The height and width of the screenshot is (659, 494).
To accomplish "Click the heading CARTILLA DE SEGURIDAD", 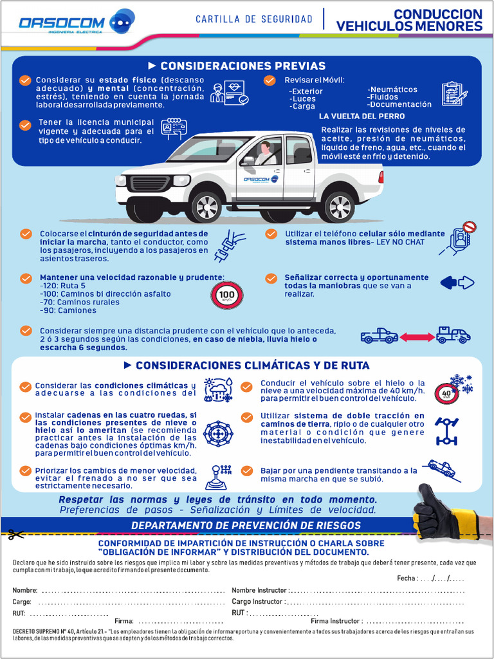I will tap(253, 19).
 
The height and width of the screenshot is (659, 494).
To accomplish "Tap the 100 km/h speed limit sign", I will tap(227, 295).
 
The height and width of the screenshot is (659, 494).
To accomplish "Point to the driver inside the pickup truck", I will tap(264, 154).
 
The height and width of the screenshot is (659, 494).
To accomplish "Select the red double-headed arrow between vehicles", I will tap(417, 336).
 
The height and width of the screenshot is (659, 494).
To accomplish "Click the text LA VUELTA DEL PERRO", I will tap(361, 116).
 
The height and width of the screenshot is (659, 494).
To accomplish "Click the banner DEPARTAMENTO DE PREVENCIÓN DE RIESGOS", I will tap(246, 525).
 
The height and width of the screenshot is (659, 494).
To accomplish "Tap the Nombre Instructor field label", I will tap(260, 590).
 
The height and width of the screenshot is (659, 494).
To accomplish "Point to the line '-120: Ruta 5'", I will tap(62, 285).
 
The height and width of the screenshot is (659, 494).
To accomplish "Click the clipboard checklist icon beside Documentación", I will tap(454, 94).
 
